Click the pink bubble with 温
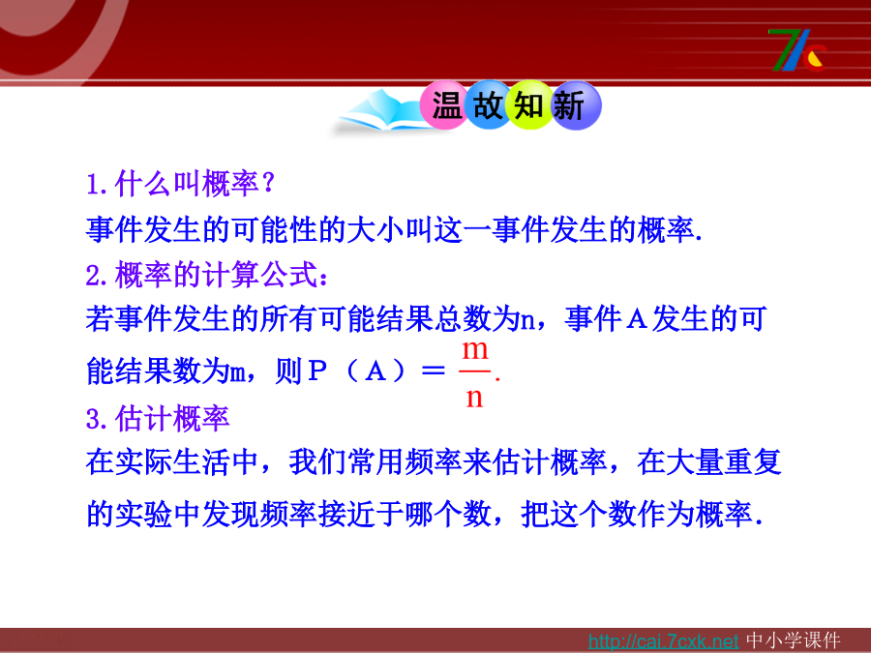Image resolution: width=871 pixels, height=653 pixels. (445, 105)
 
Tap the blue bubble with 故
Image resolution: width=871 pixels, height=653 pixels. (488, 104)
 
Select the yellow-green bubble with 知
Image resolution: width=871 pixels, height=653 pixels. (528, 104)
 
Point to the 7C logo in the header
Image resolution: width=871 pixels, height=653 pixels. (797, 50)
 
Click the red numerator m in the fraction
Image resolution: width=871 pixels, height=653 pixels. (475, 350)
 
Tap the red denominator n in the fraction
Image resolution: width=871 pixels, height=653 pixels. (474, 399)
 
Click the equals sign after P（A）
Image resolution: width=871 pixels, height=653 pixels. (434, 371)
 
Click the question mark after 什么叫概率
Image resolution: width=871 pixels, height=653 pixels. (268, 182)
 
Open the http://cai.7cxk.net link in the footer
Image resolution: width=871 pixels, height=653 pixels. (663, 641)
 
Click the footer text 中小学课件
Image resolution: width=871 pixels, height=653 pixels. (794, 640)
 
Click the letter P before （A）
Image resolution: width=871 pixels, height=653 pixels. (316, 371)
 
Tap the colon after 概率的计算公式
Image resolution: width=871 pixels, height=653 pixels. (324, 277)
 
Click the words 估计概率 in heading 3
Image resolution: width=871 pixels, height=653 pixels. (172, 419)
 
